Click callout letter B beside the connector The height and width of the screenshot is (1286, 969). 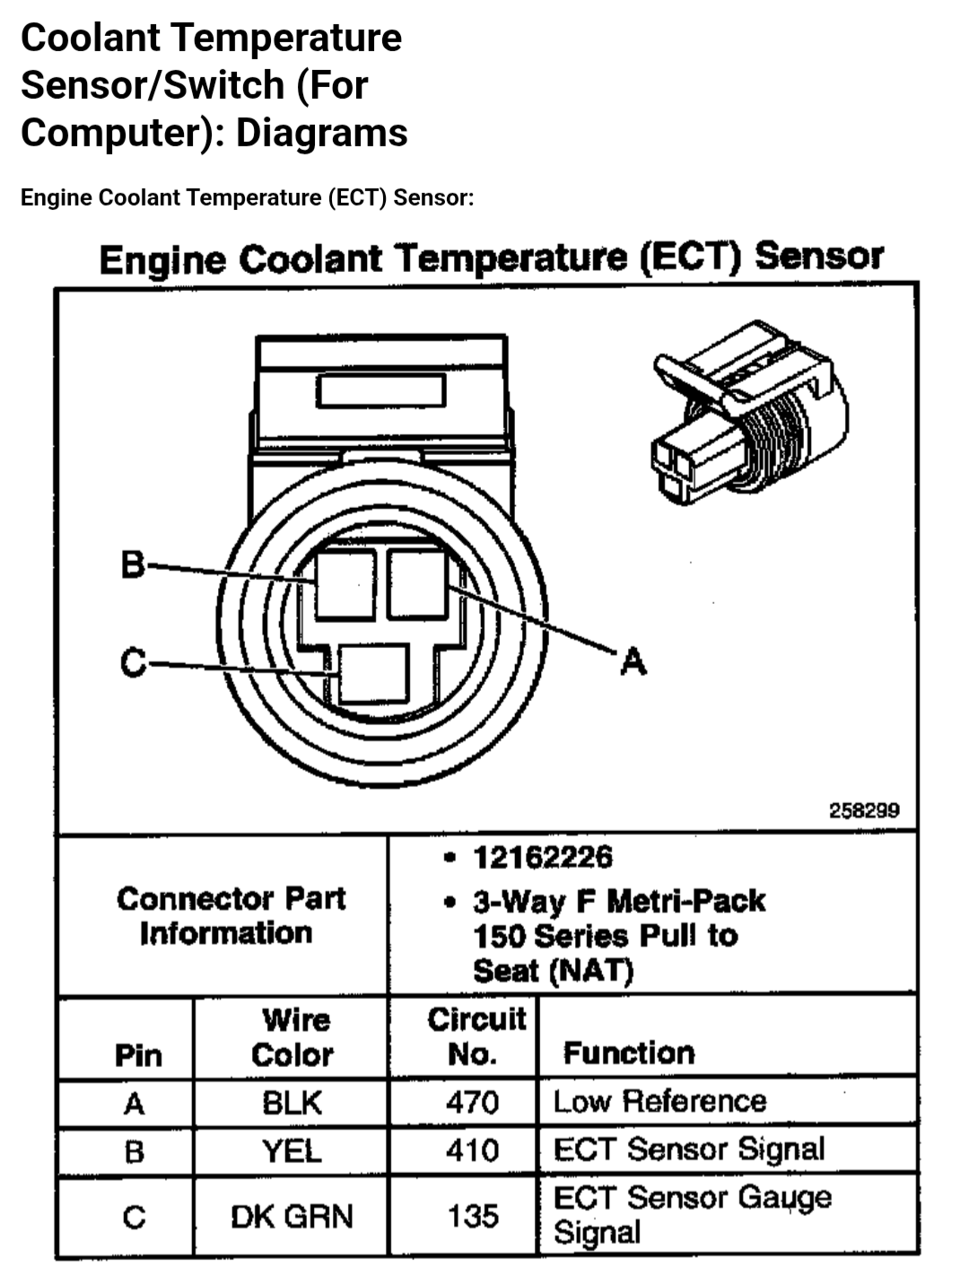click(132, 565)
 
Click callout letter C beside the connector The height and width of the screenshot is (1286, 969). click(133, 663)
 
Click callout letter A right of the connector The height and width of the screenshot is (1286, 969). click(633, 661)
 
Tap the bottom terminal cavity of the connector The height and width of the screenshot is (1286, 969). click(374, 674)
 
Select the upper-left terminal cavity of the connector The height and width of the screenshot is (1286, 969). click(345, 584)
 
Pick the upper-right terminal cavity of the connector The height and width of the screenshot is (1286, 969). click(417, 583)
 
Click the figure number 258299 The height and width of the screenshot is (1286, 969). click(863, 810)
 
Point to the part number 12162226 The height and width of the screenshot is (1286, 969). click(543, 857)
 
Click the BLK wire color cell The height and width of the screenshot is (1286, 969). click(292, 1103)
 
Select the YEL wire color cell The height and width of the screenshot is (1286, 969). click(292, 1150)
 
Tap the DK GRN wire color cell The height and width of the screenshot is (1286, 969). click(292, 1217)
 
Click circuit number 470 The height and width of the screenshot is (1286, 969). click(472, 1102)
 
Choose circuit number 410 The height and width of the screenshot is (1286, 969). click(472, 1150)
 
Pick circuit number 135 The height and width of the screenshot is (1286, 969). click(472, 1217)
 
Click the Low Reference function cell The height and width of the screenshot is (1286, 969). click(660, 1102)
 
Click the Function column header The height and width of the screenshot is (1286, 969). click(629, 1053)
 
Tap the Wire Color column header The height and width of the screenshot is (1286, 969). click(292, 1037)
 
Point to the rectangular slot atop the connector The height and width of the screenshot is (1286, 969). click(380, 390)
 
